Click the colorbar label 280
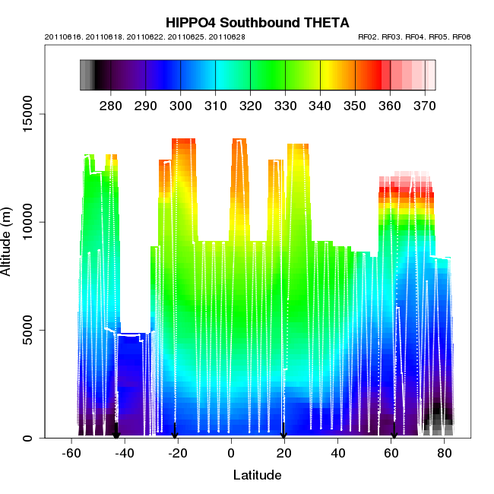[x=111, y=105]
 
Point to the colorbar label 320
[x=250, y=105]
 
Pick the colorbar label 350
[x=355, y=105]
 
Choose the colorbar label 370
[x=424, y=105]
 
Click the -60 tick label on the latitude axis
[x=71, y=454]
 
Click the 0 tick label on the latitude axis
[x=231, y=454]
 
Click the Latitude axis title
[x=256, y=476]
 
